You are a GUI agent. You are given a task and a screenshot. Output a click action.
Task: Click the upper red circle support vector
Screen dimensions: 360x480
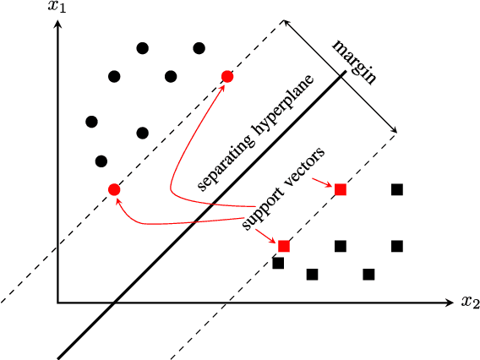point(226,77)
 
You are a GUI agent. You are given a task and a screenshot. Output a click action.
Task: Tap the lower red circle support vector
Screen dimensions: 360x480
point(114,189)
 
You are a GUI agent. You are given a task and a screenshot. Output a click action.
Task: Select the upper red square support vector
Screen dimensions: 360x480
point(340,189)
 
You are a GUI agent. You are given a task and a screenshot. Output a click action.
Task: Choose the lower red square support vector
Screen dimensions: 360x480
point(284,246)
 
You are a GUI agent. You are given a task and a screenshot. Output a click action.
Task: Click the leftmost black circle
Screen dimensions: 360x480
point(91,122)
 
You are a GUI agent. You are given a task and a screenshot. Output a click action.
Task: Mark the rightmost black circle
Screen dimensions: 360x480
point(199,48)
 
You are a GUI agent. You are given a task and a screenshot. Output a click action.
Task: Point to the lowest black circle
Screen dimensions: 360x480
point(101,161)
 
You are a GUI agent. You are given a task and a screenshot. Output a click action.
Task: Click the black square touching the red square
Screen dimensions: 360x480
point(278,263)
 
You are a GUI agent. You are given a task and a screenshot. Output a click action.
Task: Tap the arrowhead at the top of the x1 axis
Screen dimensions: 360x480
point(57,23)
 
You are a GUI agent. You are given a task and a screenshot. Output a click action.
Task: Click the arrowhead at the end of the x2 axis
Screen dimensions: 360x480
point(452,302)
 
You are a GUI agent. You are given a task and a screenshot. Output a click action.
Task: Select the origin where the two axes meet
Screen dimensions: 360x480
point(57,302)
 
